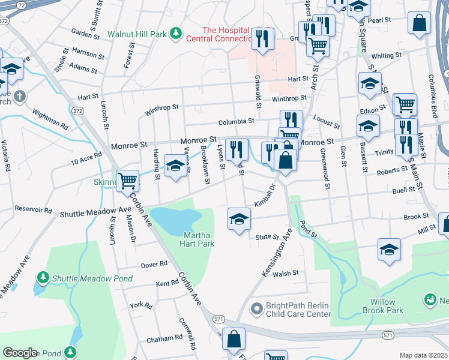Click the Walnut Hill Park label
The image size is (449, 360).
click(137, 34)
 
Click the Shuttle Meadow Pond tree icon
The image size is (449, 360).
click(43, 277)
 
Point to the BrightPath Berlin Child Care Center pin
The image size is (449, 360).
click(256, 308)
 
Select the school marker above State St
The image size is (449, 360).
click(239, 218)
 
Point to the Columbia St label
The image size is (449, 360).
click(235, 121)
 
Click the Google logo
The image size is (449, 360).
click(20, 353)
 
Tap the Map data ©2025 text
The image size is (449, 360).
click(424, 355)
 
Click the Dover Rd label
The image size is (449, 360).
click(154, 264)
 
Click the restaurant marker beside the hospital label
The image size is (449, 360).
click(262, 39)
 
